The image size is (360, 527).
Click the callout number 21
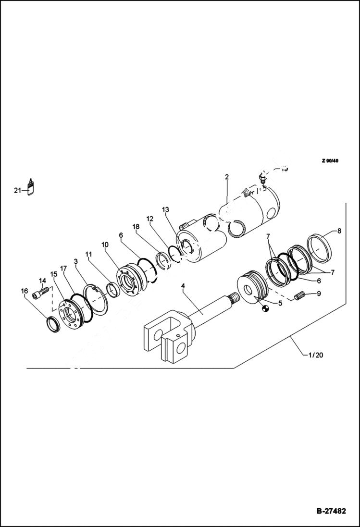click(x=17, y=191)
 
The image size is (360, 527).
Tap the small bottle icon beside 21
click(x=31, y=187)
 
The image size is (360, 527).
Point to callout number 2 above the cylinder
click(x=226, y=177)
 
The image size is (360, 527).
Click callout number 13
click(x=165, y=209)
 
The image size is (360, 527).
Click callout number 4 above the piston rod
click(x=183, y=286)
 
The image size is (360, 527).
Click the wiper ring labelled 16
click(x=52, y=325)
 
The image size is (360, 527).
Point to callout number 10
click(x=105, y=245)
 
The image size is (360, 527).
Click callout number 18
click(x=136, y=226)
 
